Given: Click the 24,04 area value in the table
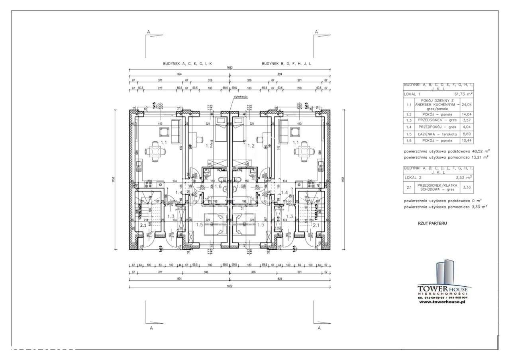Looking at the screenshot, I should [x=467, y=105].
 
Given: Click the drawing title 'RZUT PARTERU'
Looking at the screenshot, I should [x=432, y=223].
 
